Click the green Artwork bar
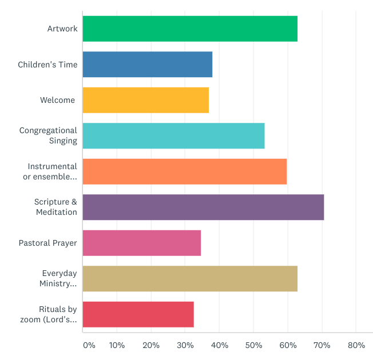pos(190,29)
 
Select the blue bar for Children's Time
pos(148,65)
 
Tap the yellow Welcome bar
pos(145,100)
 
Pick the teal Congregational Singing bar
pos(173,136)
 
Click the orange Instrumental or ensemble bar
pos(184,171)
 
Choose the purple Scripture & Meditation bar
pos(203,207)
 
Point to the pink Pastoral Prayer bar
pos(142,243)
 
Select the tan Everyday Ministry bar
pos(190,279)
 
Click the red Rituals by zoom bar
pos(138,314)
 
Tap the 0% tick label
pos(89,345)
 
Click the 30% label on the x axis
pos(185,345)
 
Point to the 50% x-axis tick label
pos(253,345)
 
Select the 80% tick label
pos(356,345)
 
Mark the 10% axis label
pos(117,345)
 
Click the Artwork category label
pos(62,29)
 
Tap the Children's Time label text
pos(47,65)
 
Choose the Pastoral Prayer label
pos(48,243)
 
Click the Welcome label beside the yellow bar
pos(57,100)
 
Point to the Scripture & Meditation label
pos(55,207)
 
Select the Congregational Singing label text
pos(48,136)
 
